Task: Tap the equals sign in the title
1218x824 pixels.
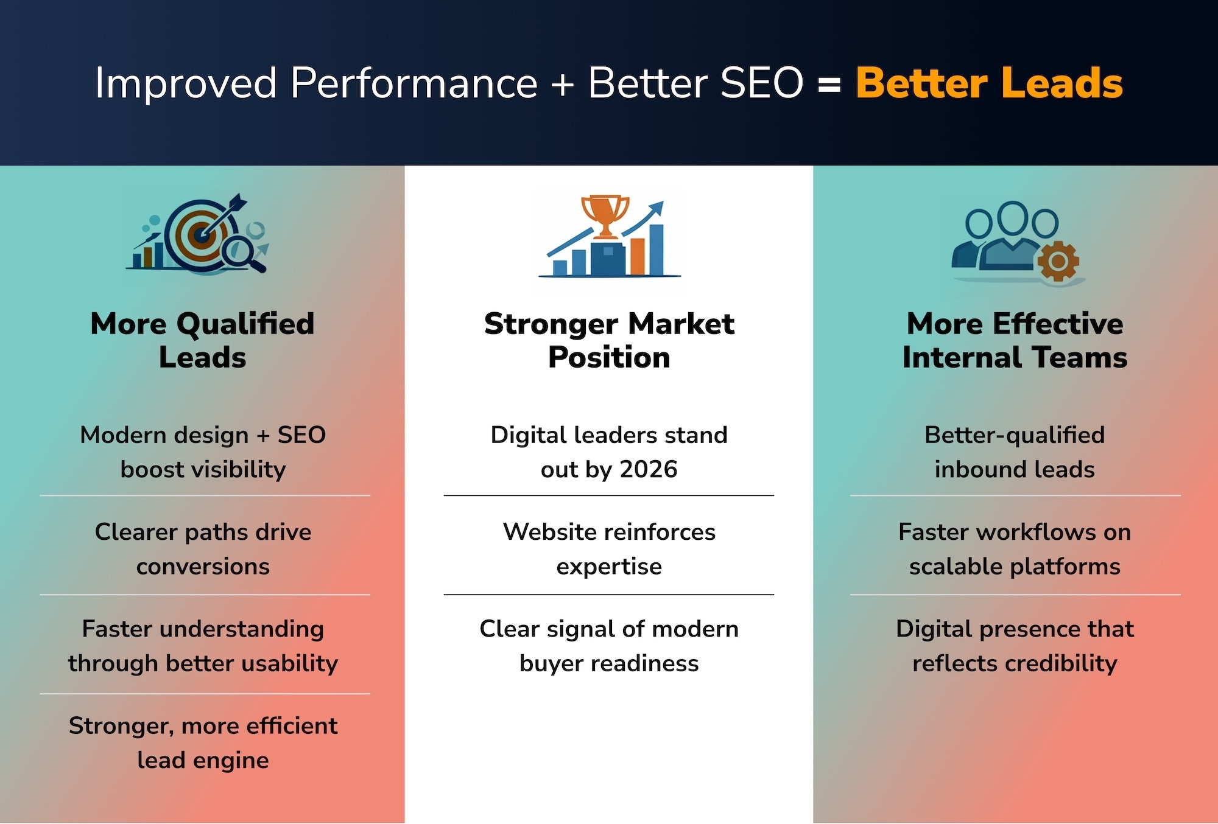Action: pos(829,85)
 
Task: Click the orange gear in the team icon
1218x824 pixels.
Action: pos(1058,261)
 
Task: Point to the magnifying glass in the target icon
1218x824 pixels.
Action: pos(242,253)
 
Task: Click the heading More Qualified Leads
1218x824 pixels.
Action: pos(203,340)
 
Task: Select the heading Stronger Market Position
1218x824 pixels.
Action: pos(609,340)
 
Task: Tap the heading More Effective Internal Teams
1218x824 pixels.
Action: pos(1015,340)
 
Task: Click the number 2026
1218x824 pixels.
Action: pos(648,469)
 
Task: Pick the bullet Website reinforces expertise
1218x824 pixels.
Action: pos(609,549)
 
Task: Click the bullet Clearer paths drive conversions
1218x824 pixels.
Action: pos(203,549)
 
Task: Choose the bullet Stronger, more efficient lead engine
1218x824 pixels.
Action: pos(203,743)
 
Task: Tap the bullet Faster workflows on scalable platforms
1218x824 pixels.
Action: pos(1015,549)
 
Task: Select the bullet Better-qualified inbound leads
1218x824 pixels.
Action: pos(1015,452)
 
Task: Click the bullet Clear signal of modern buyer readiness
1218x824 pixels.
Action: pos(609,646)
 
